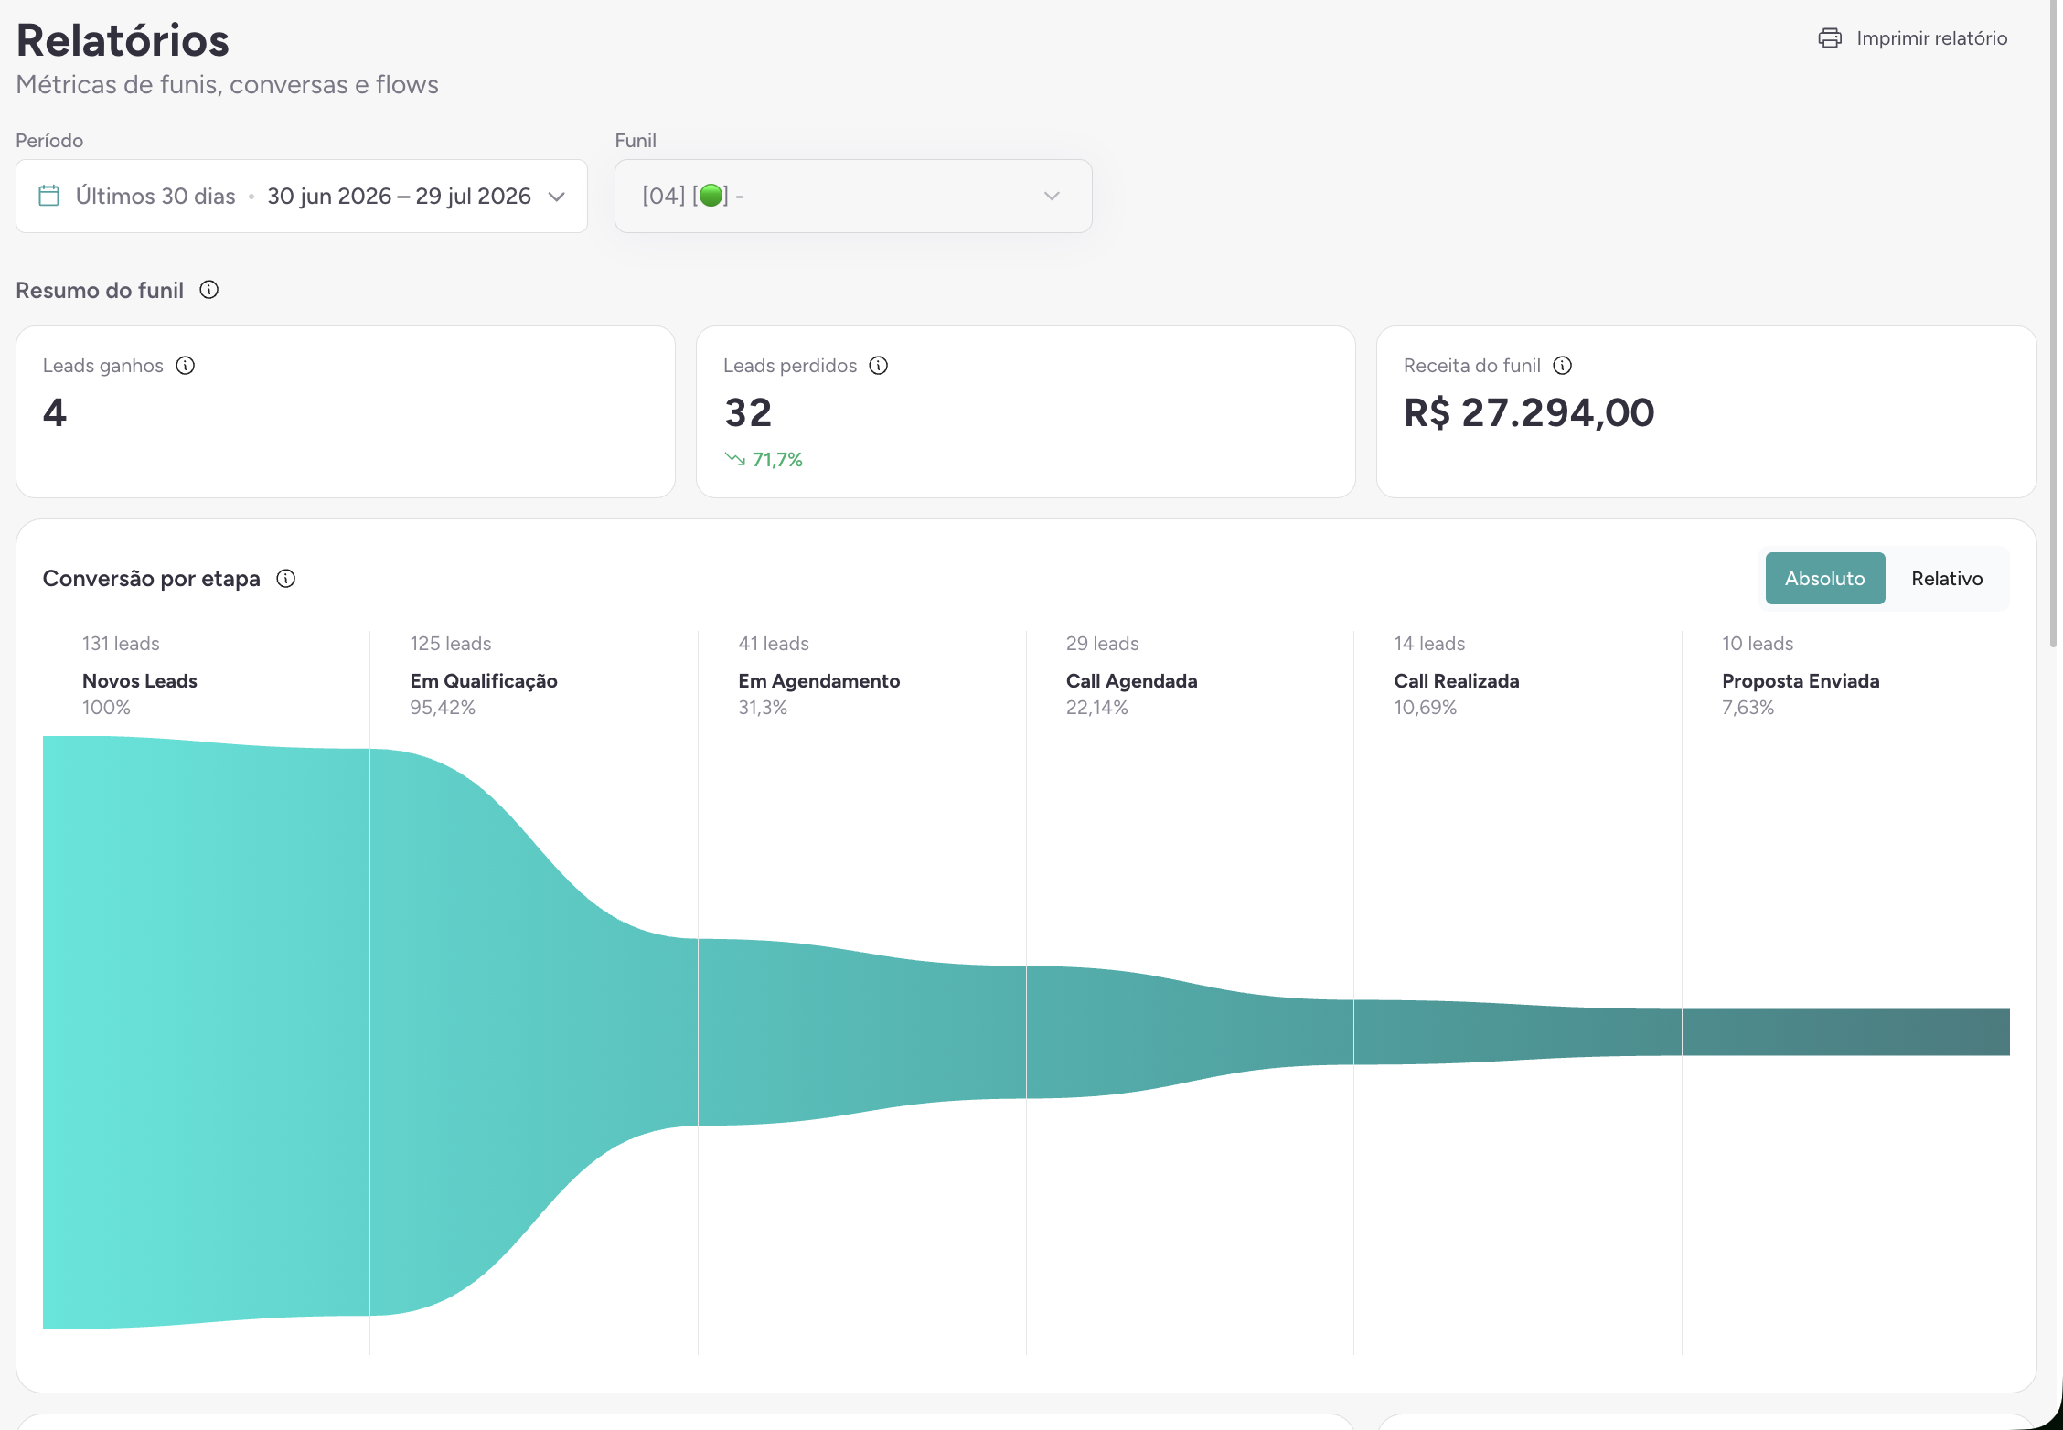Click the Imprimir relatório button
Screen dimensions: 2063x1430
point(1913,38)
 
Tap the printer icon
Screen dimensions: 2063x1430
point(1830,38)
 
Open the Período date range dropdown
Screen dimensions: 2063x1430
point(302,197)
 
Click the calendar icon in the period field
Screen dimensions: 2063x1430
point(49,196)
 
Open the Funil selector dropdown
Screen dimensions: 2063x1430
point(853,197)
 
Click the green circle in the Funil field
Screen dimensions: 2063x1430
point(711,196)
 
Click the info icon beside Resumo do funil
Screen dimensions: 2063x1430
point(209,290)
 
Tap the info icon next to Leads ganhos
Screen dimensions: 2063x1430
point(186,366)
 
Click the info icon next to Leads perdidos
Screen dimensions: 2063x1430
point(879,366)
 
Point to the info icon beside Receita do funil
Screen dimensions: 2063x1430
point(1563,366)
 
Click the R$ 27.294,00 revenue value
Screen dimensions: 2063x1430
point(1529,412)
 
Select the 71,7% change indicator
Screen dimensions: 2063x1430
point(764,460)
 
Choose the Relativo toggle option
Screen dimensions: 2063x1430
point(1947,579)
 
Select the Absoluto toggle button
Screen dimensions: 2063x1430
point(1825,579)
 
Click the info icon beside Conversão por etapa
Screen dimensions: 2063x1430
point(286,579)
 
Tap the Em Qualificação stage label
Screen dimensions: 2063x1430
point(484,681)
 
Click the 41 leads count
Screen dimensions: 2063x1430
point(774,644)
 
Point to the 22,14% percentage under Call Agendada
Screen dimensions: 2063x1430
point(1097,708)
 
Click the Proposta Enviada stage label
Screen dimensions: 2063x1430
point(1801,681)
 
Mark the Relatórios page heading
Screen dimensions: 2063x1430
point(123,40)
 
